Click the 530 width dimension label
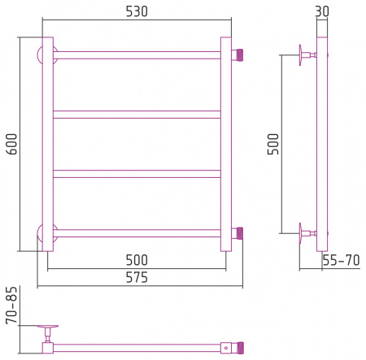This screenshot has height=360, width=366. pyautogui.click(x=137, y=11)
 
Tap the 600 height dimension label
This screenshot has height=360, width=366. pyautogui.click(x=12, y=144)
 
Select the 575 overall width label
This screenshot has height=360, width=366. pyautogui.click(x=137, y=278)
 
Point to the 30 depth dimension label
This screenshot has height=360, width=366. pyautogui.click(x=322, y=11)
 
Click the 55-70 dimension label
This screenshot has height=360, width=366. pyautogui.click(x=341, y=260)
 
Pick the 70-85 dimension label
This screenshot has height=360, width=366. pyautogui.click(x=11, y=306)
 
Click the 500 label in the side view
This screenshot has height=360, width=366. pyautogui.click(x=273, y=144)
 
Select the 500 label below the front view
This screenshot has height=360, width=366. pyautogui.click(x=137, y=260)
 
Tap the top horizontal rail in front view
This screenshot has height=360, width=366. pyautogui.click(x=137, y=55)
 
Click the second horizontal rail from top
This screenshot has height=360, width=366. pyautogui.click(x=137, y=115)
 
